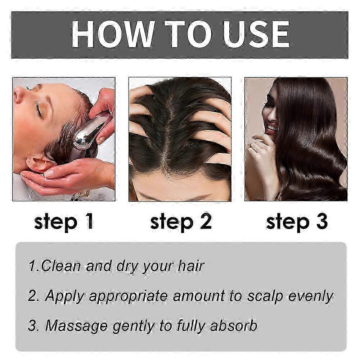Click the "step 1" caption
pos(64,221)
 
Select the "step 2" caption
pos(181,221)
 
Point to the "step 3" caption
pos(297,221)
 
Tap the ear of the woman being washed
pos(39,163)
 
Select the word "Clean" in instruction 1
pos(61,266)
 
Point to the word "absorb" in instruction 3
pos(234,325)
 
